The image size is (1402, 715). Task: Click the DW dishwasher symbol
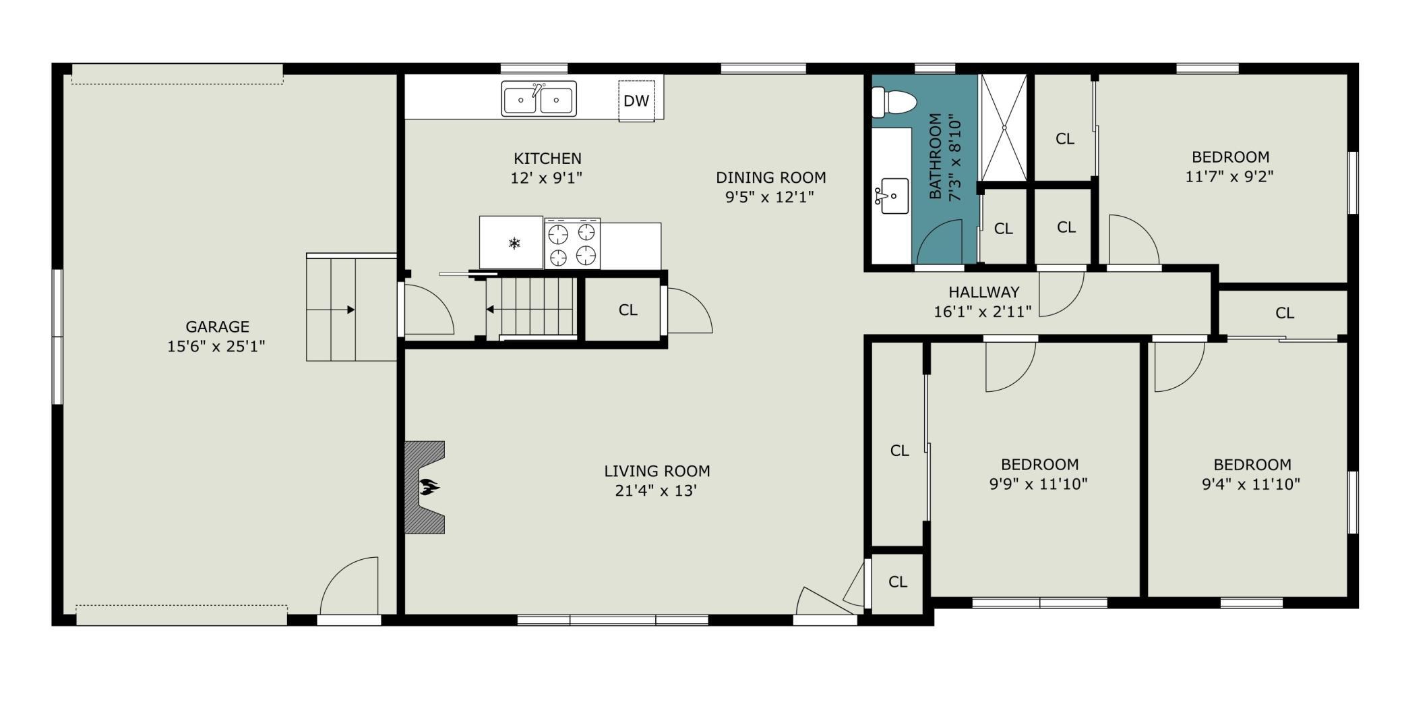[x=636, y=101]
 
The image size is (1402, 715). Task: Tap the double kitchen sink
[x=539, y=99]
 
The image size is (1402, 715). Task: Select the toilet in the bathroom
[x=894, y=103]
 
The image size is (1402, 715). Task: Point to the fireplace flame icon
[x=429, y=486]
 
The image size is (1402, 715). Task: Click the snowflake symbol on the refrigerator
[x=514, y=243]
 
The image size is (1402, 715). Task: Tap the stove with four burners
[x=572, y=244]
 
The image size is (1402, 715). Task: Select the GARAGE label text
[x=217, y=327]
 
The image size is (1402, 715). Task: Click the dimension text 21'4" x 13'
[x=656, y=490]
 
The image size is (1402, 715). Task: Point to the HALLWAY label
[x=984, y=293]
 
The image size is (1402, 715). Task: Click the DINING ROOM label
[x=771, y=177]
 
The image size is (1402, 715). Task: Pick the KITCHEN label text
[x=547, y=159]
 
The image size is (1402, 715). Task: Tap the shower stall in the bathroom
[x=1003, y=127]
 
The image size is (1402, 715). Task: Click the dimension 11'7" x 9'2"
[x=1229, y=177]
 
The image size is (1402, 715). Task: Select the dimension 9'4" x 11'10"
[x=1251, y=484]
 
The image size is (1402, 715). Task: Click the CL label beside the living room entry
[x=897, y=582]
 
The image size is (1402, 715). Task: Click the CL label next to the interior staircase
[x=628, y=310]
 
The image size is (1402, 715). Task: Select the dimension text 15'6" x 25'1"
[x=216, y=347]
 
